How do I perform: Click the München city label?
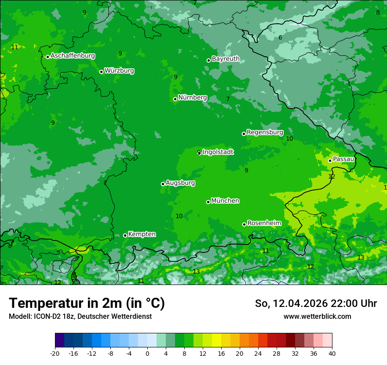225,201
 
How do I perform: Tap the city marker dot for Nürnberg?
175,99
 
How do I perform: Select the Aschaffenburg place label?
73,56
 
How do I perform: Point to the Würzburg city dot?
101,72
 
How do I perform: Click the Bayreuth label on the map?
226,59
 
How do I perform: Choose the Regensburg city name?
265,132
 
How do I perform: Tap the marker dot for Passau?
330,161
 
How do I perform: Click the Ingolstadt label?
218,152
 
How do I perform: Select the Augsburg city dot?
163,184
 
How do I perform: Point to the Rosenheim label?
264,223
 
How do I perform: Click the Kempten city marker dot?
125,235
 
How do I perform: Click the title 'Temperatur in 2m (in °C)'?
87,303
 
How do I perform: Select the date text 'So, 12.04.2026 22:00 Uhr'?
316,303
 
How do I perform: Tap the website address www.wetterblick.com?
317,317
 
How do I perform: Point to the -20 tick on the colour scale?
55,354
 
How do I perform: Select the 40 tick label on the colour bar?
332,354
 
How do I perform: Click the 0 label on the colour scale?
147,354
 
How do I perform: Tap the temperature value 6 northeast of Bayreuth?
280,38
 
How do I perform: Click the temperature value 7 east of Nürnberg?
228,99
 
